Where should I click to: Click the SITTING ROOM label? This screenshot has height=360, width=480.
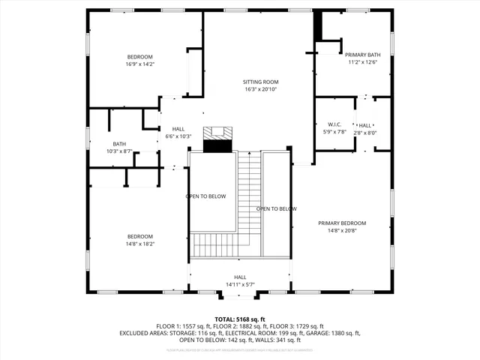[260, 82]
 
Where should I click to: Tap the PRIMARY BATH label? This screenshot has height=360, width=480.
[362, 55]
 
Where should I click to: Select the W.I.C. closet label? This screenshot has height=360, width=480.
[334, 124]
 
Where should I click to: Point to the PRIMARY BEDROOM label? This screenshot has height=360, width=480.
[341, 223]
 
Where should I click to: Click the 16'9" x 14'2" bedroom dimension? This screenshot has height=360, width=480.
[139, 64]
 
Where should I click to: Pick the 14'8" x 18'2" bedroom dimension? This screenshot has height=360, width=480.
[139, 244]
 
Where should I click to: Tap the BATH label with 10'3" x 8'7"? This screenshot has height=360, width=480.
[119, 144]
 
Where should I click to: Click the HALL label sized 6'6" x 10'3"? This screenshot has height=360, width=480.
[178, 129]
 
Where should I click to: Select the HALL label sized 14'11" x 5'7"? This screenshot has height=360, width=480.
[240, 277]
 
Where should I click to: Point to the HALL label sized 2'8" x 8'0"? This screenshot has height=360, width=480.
[365, 125]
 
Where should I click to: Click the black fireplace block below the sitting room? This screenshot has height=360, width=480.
[219, 145]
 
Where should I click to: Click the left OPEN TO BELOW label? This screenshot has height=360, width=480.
[206, 196]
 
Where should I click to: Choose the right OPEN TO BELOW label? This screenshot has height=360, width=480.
[276, 208]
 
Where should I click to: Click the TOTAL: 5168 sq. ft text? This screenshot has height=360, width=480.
[240, 319]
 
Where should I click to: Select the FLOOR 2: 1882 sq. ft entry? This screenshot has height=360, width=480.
[239, 326]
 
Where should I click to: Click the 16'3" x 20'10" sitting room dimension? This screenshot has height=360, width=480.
[260, 89]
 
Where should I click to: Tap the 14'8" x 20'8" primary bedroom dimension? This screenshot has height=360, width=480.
[341, 231]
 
